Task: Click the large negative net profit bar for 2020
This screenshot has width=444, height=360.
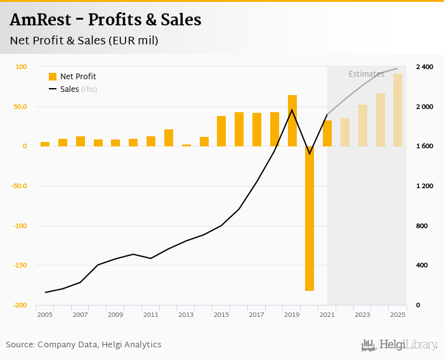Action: pos(310,219)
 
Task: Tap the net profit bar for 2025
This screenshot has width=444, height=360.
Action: pos(398,110)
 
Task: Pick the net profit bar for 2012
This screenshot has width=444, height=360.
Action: pos(169,138)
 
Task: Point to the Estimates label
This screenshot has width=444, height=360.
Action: pos(366,74)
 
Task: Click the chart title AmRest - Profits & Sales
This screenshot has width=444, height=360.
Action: pos(105,20)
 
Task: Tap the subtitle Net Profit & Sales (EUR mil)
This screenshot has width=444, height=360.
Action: pos(84,41)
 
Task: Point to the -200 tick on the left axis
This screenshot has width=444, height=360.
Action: pos(21,305)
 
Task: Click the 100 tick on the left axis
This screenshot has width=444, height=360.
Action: pos(21,67)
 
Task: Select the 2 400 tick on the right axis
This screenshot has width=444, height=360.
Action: pos(424,67)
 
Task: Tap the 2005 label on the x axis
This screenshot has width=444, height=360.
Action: pos(44,314)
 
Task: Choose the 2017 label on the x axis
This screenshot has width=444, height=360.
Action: pos(256,314)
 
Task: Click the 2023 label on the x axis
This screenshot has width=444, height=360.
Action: pos(362,314)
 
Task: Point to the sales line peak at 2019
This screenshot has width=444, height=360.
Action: pos(292,110)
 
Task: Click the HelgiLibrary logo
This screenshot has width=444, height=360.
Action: pos(399,345)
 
